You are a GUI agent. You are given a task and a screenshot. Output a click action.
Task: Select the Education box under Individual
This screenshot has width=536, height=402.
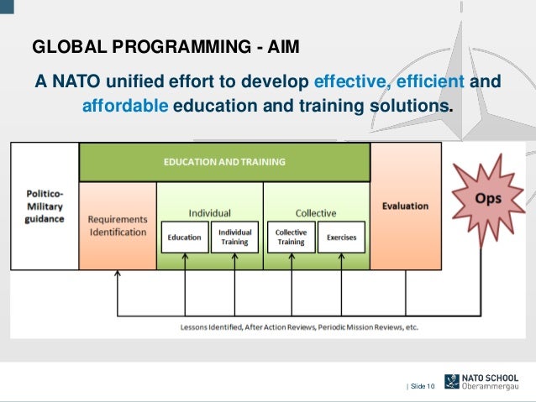click(184, 238)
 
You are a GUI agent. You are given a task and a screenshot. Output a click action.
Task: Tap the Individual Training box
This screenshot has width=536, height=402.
click(234, 238)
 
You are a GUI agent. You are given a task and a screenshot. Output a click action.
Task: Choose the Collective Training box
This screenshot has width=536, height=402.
click(291, 238)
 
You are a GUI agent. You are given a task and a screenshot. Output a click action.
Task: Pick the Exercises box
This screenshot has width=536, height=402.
click(341, 238)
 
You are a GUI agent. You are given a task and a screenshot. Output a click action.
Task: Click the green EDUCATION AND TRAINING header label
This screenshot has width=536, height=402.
click(224, 161)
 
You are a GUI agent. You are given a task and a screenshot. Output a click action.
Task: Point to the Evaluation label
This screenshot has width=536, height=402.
click(405, 206)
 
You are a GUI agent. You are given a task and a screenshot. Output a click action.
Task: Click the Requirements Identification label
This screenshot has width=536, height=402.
click(118, 226)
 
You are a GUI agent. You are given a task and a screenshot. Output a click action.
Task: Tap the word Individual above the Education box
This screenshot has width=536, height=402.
click(209, 213)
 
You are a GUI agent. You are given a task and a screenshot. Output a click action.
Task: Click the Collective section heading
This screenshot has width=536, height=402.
click(315, 213)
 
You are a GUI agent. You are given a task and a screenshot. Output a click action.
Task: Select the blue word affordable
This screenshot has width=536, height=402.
click(125, 108)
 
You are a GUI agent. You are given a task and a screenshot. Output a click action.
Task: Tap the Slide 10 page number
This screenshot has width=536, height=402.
click(423, 385)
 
